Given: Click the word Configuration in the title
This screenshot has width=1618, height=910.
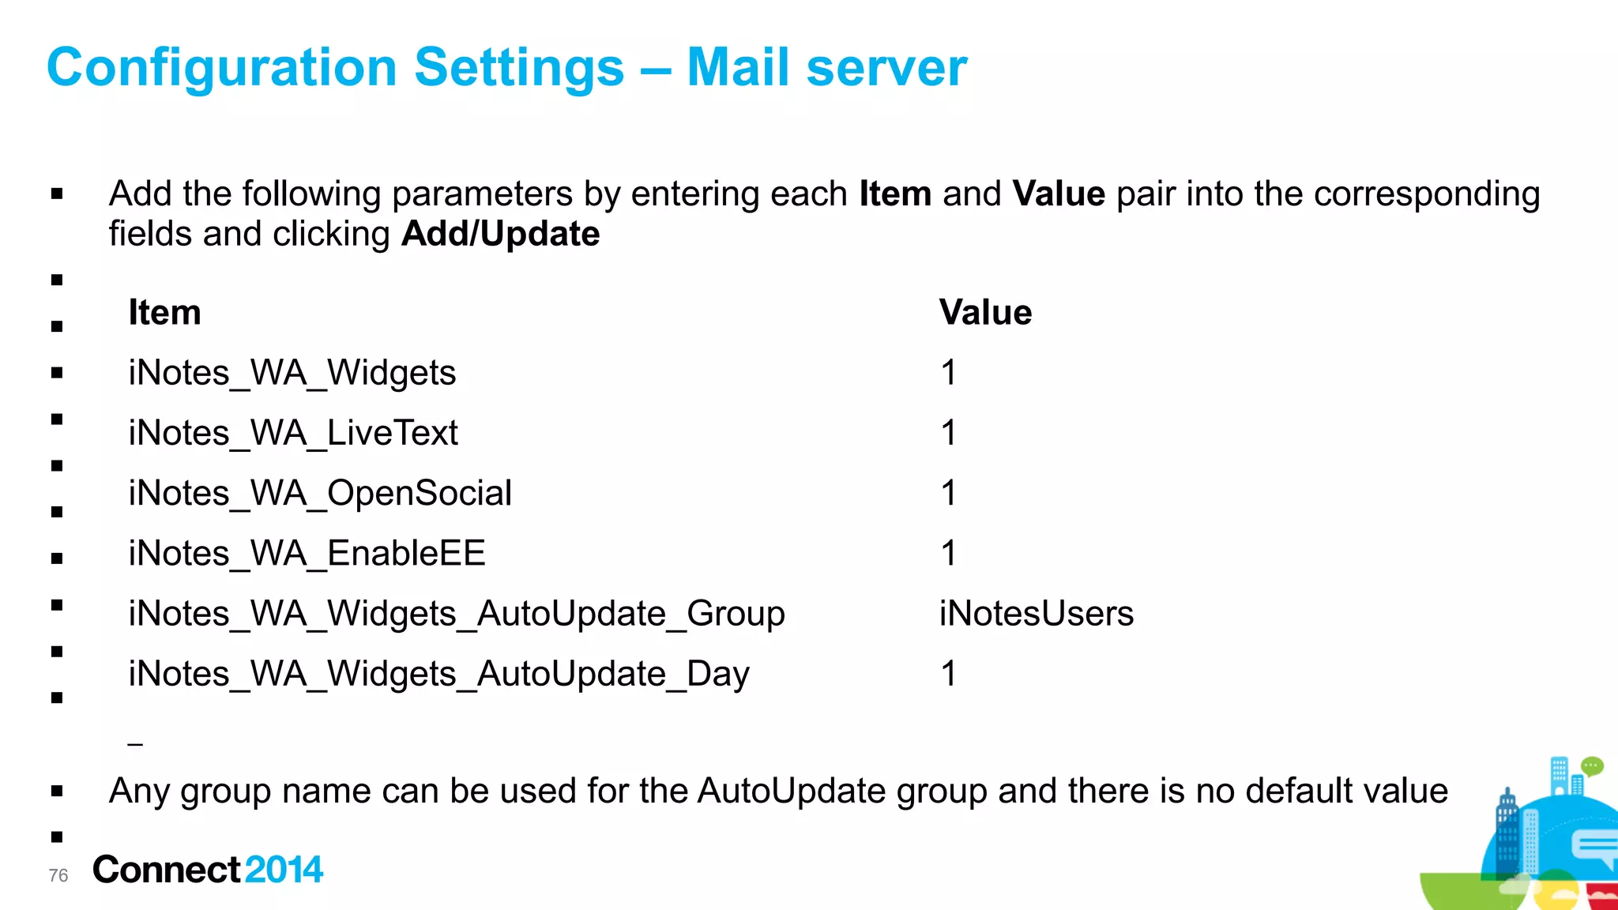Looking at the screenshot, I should pos(221,68).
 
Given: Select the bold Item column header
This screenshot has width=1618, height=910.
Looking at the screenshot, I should pos(164,313).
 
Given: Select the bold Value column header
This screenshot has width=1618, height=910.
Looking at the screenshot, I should pos(985,313).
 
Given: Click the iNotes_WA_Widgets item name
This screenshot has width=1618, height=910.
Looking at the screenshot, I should pos(292,373).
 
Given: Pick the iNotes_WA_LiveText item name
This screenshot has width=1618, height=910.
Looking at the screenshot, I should pos(293,433).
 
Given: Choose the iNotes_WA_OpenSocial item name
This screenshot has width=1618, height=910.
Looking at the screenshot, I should pos(320,494).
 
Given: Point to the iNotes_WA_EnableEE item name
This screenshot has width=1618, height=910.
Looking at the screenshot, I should pos(307,554).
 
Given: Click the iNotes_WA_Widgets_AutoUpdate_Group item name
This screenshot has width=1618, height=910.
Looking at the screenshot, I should pos(457,614).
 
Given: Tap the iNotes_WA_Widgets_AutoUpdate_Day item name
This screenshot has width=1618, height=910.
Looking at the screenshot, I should pos(438,675).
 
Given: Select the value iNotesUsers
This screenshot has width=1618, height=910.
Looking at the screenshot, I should pos(1036,614).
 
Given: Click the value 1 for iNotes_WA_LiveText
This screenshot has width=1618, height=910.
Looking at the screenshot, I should pos(949,433).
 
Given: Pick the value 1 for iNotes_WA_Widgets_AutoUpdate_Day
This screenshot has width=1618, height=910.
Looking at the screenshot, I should pos(949,675).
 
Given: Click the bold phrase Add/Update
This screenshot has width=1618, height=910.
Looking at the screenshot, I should pos(500,234).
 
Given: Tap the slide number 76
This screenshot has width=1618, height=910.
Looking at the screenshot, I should pos(58,875).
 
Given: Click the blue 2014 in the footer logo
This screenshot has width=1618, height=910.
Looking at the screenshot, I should pos(284,870).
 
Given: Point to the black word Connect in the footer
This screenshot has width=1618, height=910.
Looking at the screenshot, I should pos(166,870).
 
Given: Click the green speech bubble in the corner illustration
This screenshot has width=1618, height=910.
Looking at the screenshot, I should pos(1591,765).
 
